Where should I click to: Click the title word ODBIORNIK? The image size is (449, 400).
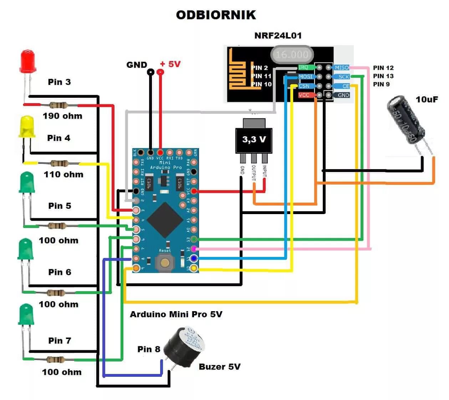point(216,15)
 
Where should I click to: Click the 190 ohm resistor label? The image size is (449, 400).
point(62,116)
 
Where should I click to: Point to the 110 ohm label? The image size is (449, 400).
point(63,174)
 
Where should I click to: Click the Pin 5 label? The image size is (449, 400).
point(60,206)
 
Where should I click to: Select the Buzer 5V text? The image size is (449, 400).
point(219,367)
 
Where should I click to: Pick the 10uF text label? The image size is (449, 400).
point(427,100)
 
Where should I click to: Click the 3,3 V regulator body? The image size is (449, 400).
point(254,140)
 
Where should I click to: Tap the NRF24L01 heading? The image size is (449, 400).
point(278,36)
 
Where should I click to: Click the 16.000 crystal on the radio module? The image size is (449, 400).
point(292,55)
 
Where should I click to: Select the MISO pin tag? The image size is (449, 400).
point(341,67)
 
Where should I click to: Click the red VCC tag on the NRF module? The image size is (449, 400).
point(304,95)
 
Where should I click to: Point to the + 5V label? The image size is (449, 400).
point(170,64)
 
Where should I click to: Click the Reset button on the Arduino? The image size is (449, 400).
point(165,263)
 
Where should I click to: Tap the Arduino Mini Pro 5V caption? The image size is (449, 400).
point(176,314)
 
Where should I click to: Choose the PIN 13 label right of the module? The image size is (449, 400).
point(383,76)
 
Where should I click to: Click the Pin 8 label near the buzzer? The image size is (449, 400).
point(149,349)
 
